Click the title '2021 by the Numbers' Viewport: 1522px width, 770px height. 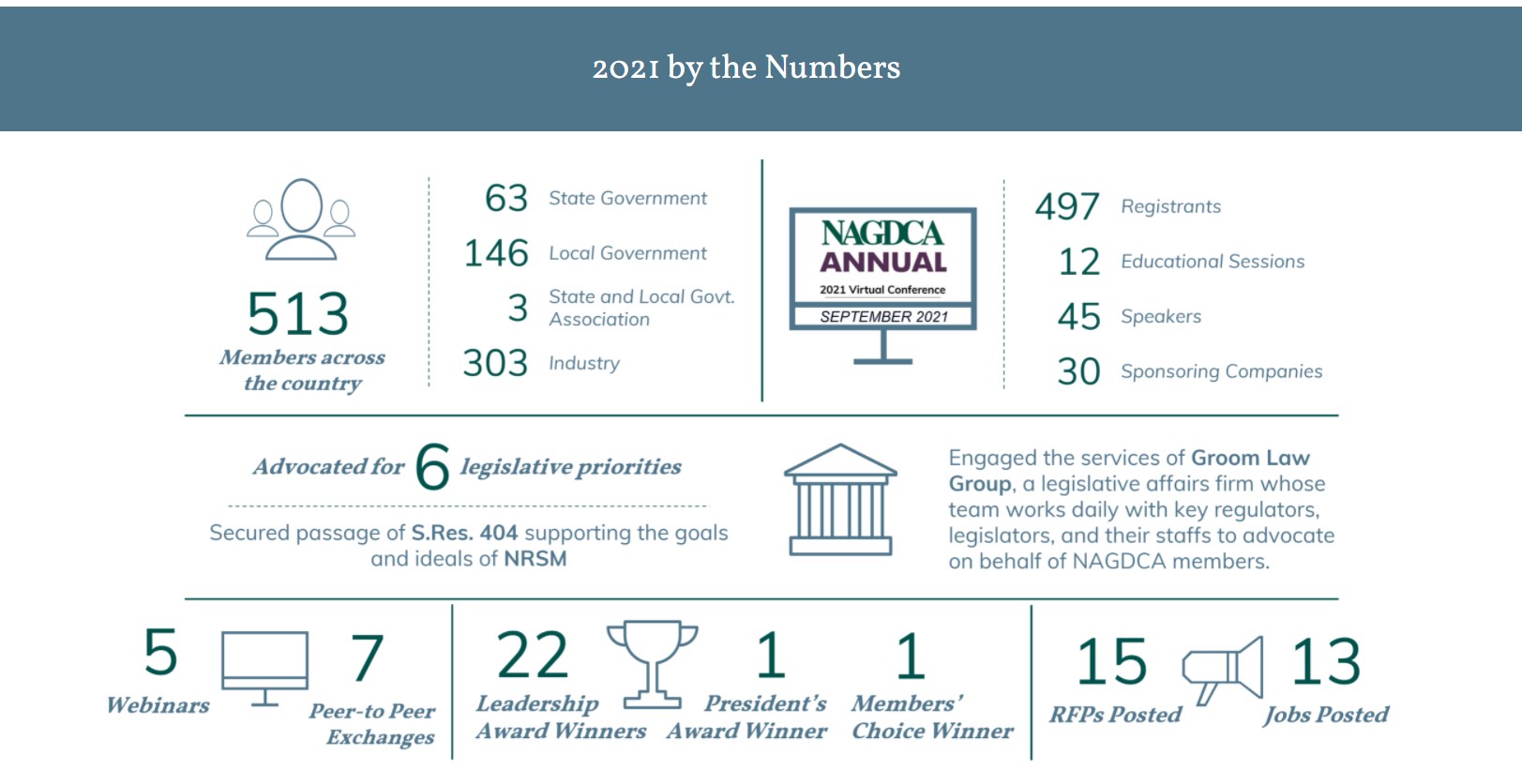pos(746,68)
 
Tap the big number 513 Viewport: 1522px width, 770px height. pos(298,313)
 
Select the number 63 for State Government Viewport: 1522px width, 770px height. pos(506,198)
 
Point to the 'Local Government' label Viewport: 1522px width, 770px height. pos(627,253)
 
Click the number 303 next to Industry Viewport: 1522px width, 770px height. pos(495,363)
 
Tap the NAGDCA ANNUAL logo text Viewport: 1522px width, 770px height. pos(882,248)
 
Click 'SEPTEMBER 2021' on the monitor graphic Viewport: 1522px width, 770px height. pos(883,317)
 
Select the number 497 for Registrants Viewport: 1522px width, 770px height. pos(1067,206)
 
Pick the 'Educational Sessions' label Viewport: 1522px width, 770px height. pos(1213,262)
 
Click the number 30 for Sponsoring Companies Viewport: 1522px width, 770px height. pos(1078,371)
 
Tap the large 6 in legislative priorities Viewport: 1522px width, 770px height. pos(432,466)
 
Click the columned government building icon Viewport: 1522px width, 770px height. pos(840,499)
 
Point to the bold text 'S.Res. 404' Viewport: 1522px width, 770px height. pos(464,533)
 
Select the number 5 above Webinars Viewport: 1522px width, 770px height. pos(160,652)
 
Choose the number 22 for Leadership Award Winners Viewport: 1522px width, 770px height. pos(533,656)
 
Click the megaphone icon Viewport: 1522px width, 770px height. pos(1223,667)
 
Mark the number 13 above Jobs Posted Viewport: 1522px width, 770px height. pos(1326,661)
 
